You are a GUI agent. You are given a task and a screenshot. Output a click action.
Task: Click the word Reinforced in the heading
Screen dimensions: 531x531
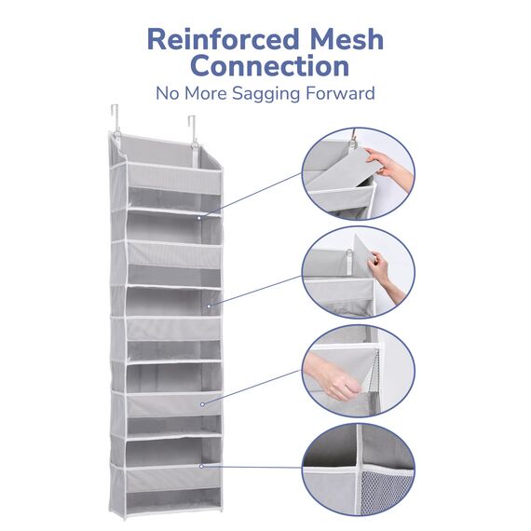224,39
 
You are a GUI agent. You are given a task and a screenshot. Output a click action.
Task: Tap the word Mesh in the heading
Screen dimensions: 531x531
347,39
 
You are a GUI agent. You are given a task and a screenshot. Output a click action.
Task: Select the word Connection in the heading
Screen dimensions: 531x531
269,66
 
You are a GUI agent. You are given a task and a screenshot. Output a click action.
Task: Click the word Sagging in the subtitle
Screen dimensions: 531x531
265,94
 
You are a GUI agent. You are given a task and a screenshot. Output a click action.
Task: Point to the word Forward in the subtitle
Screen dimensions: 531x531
340,93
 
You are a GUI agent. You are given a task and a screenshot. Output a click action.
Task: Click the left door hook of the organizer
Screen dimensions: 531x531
116,119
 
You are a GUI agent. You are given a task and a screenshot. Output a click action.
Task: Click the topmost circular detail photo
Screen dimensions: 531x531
359,173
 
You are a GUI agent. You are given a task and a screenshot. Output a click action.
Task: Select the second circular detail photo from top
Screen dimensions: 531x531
359,273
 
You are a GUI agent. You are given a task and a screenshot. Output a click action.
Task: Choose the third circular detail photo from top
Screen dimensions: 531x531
359,371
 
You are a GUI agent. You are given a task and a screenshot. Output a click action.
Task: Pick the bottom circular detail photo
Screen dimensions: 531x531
359,470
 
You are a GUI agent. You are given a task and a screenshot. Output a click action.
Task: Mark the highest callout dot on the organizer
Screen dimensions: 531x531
199,218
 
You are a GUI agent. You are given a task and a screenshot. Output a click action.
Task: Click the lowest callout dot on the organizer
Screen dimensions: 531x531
201,467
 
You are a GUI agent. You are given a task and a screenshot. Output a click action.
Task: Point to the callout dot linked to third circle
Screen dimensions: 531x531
202,404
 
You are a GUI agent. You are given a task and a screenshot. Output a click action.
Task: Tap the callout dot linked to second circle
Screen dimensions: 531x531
209,306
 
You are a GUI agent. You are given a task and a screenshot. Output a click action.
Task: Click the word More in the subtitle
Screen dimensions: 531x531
206,93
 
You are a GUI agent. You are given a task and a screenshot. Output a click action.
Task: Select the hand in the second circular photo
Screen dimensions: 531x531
386,274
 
